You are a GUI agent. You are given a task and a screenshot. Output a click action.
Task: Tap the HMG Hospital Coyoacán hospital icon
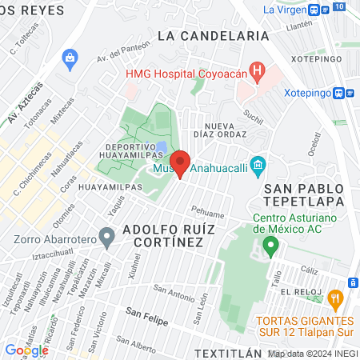[x=257, y=72]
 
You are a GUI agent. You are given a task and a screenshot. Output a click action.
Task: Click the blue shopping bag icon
[x=70, y=57]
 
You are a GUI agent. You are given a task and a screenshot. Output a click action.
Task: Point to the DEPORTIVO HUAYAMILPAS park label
[x=129, y=152]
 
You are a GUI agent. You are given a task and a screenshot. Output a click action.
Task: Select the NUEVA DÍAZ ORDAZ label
[x=234, y=132]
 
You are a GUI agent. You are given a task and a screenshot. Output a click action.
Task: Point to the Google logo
[x=26, y=350]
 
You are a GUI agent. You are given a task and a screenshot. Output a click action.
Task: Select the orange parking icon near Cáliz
[x=352, y=282]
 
